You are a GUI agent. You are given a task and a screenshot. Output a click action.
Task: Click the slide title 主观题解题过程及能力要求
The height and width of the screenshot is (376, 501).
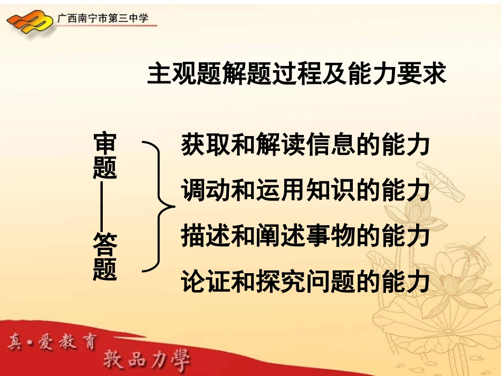click(297, 75)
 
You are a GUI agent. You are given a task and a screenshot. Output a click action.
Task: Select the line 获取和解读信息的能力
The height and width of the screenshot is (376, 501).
click(305, 144)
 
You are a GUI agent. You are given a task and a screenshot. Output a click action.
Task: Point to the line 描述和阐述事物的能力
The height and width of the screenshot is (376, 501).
click(305, 235)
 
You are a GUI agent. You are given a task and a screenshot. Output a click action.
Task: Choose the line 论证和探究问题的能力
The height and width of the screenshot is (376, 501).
click(305, 281)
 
